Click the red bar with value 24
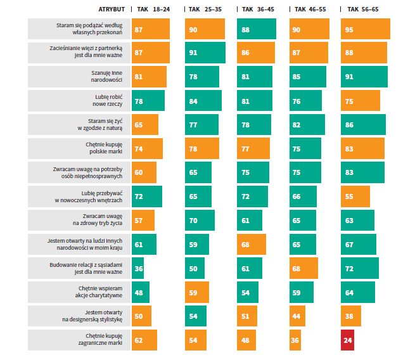click(x=347, y=340)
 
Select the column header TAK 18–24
click(x=151, y=10)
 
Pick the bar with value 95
click(x=365, y=29)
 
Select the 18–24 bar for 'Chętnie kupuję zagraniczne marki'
click(x=144, y=340)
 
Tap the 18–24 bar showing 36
click(x=138, y=268)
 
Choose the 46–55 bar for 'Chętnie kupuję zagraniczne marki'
click(x=295, y=340)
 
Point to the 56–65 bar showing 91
click(x=364, y=77)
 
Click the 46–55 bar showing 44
click(x=297, y=316)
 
